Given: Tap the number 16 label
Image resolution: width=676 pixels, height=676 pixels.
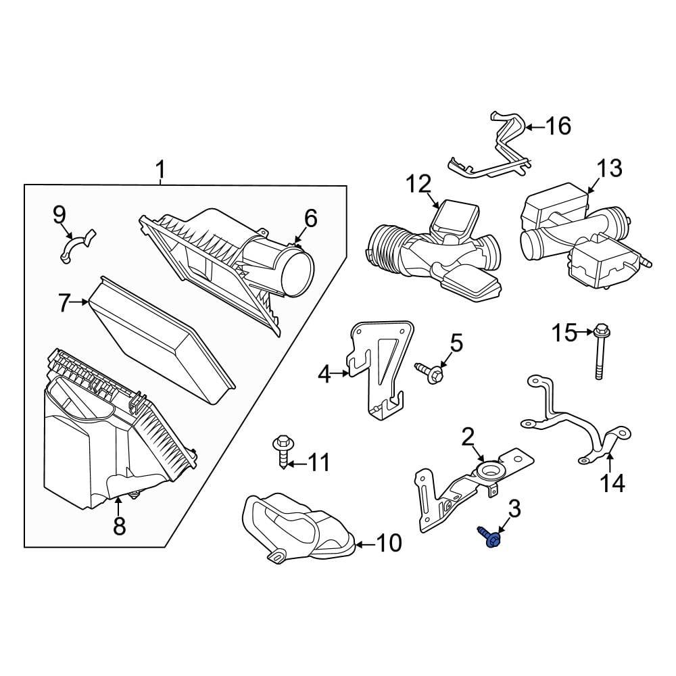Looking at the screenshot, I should (x=558, y=126).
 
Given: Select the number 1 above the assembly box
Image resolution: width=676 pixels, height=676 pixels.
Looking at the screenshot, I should (x=160, y=172).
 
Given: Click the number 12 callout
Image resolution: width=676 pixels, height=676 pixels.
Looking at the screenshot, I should (x=418, y=183).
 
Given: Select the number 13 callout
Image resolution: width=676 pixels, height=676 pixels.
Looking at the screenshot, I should (x=609, y=168).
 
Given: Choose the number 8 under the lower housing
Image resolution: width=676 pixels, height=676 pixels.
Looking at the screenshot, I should (x=119, y=526).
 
